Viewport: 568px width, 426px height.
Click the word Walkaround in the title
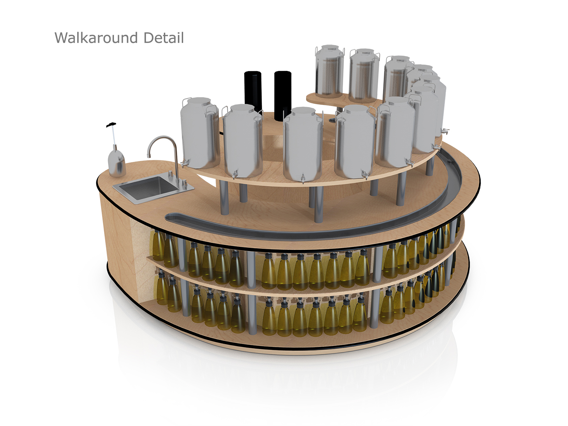pos(96,38)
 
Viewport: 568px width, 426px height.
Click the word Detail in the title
pos(164,38)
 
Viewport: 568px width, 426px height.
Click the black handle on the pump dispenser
pos(111,125)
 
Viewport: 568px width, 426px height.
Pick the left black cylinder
pos(253,90)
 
